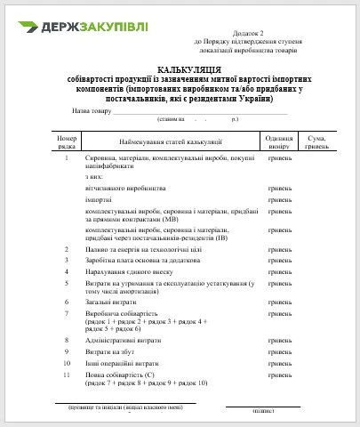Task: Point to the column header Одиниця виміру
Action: coord(279,141)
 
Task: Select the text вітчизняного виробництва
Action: coord(126,187)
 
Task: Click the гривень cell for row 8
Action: coord(279,339)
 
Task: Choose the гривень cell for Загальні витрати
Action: coord(279,302)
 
